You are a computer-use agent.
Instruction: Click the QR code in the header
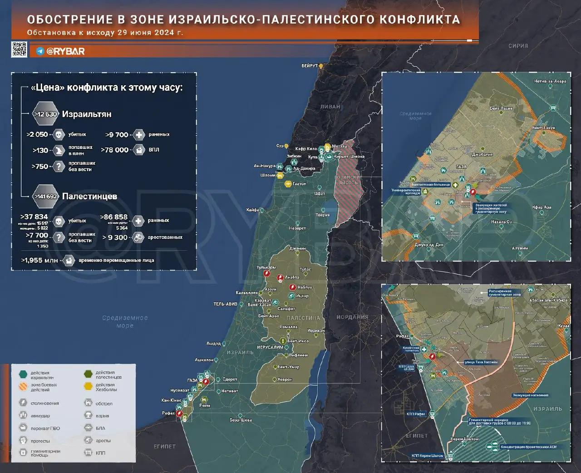coord(19,49)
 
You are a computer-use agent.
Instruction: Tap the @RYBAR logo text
coord(65,51)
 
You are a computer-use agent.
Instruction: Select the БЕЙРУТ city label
coord(310,66)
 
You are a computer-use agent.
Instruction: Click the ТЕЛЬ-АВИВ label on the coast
coord(226,304)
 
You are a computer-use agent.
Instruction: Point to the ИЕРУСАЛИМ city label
coord(270,347)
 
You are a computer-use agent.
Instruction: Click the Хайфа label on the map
coord(252,210)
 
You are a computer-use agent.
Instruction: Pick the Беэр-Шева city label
coord(241,420)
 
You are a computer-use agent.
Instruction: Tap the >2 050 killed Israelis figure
coord(37,134)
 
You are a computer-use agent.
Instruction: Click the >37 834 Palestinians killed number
coord(34,217)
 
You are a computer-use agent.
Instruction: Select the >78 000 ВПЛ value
coord(115,150)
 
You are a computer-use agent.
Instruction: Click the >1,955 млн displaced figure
coord(39,261)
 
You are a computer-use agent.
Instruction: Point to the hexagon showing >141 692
coord(45,197)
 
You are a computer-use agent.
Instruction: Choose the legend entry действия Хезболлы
coord(106,387)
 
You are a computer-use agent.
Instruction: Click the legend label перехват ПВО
coord(45,428)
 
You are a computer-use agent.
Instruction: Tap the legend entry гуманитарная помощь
coord(45,453)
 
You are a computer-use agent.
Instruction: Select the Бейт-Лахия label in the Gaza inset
coord(501,108)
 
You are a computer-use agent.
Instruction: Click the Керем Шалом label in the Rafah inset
coord(464,439)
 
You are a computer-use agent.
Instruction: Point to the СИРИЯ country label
coord(518,46)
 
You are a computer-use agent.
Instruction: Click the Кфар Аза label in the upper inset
coord(542,207)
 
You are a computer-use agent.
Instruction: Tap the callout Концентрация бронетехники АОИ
coord(528,447)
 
